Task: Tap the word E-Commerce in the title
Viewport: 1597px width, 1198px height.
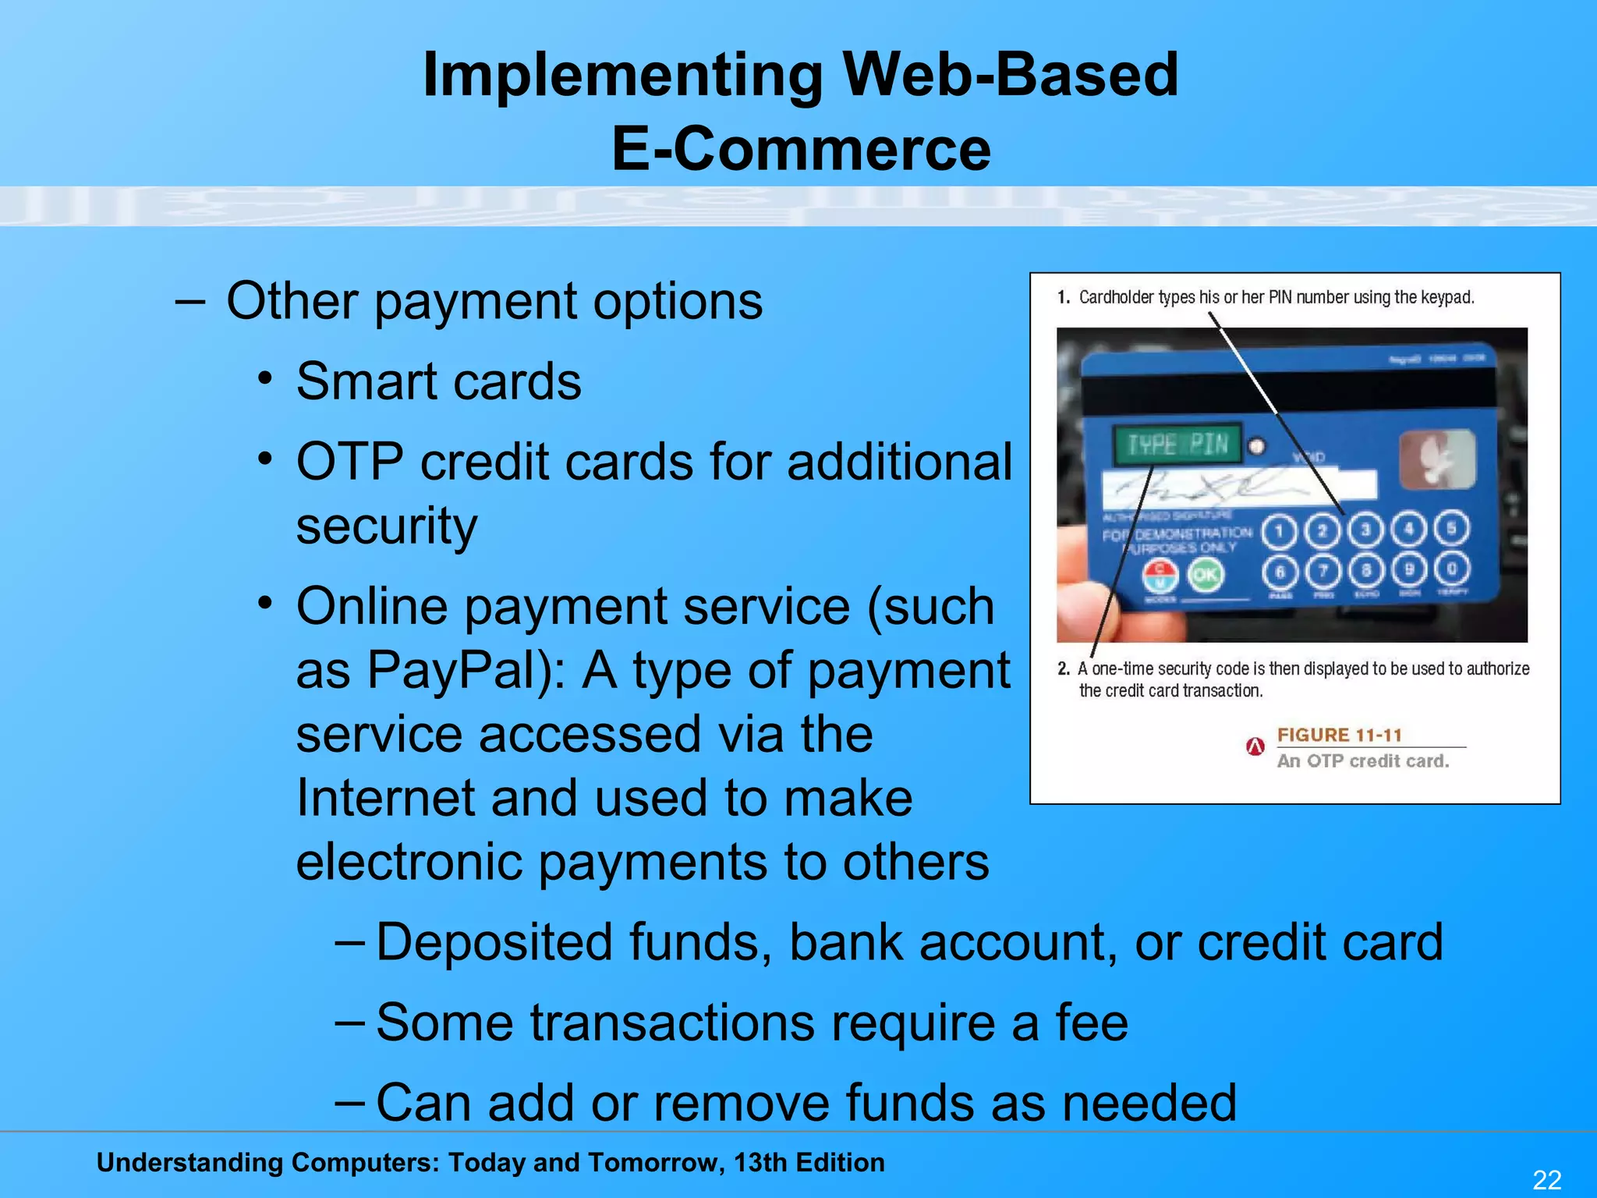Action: [x=800, y=149]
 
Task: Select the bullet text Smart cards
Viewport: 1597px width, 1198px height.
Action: [x=438, y=381]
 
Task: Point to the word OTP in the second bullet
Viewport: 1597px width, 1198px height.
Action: [x=349, y=462]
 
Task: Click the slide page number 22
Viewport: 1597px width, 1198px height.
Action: [x=1547, y=1179]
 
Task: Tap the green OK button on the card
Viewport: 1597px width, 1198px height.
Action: [x=1205, y=575]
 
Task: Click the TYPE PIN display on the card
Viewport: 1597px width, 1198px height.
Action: [x=1177, y=445]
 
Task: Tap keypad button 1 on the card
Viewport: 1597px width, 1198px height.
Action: [x=1279, y=532]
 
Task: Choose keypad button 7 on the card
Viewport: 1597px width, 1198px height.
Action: [x=1323, y=571]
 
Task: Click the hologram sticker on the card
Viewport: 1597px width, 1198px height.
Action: [x=1436, y=460]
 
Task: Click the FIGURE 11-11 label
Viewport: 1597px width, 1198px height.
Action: [x=1339, y=735]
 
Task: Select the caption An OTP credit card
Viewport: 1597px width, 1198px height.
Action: [x=1362, y=760]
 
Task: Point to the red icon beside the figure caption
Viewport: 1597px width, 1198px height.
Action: [x=1255, y=746]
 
